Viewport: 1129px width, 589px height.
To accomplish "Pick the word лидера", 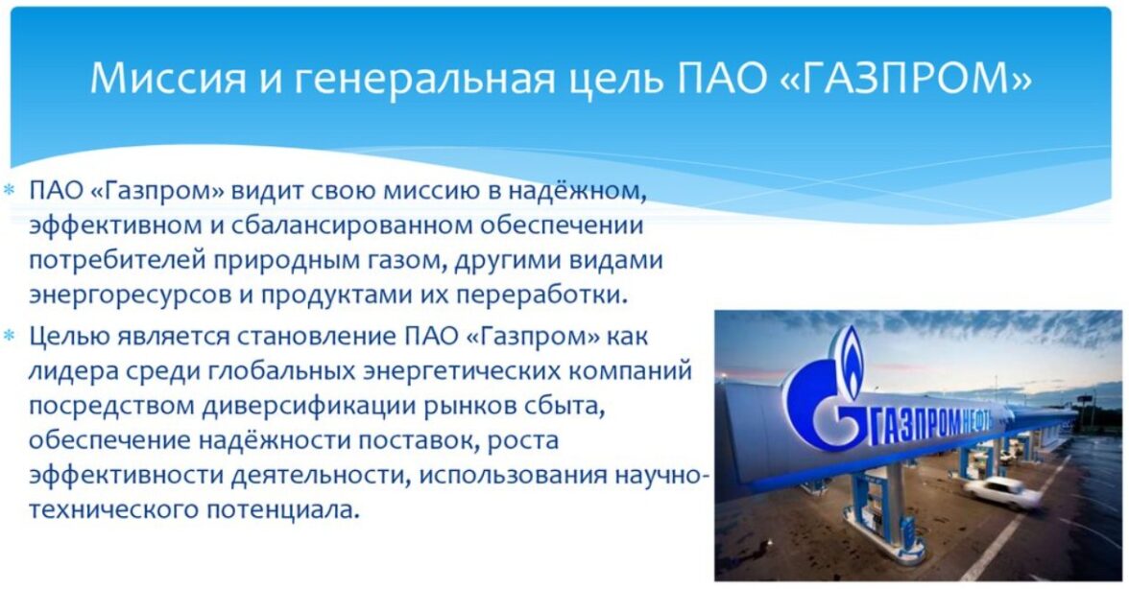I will pyautogui.click(x=67, y=371).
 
